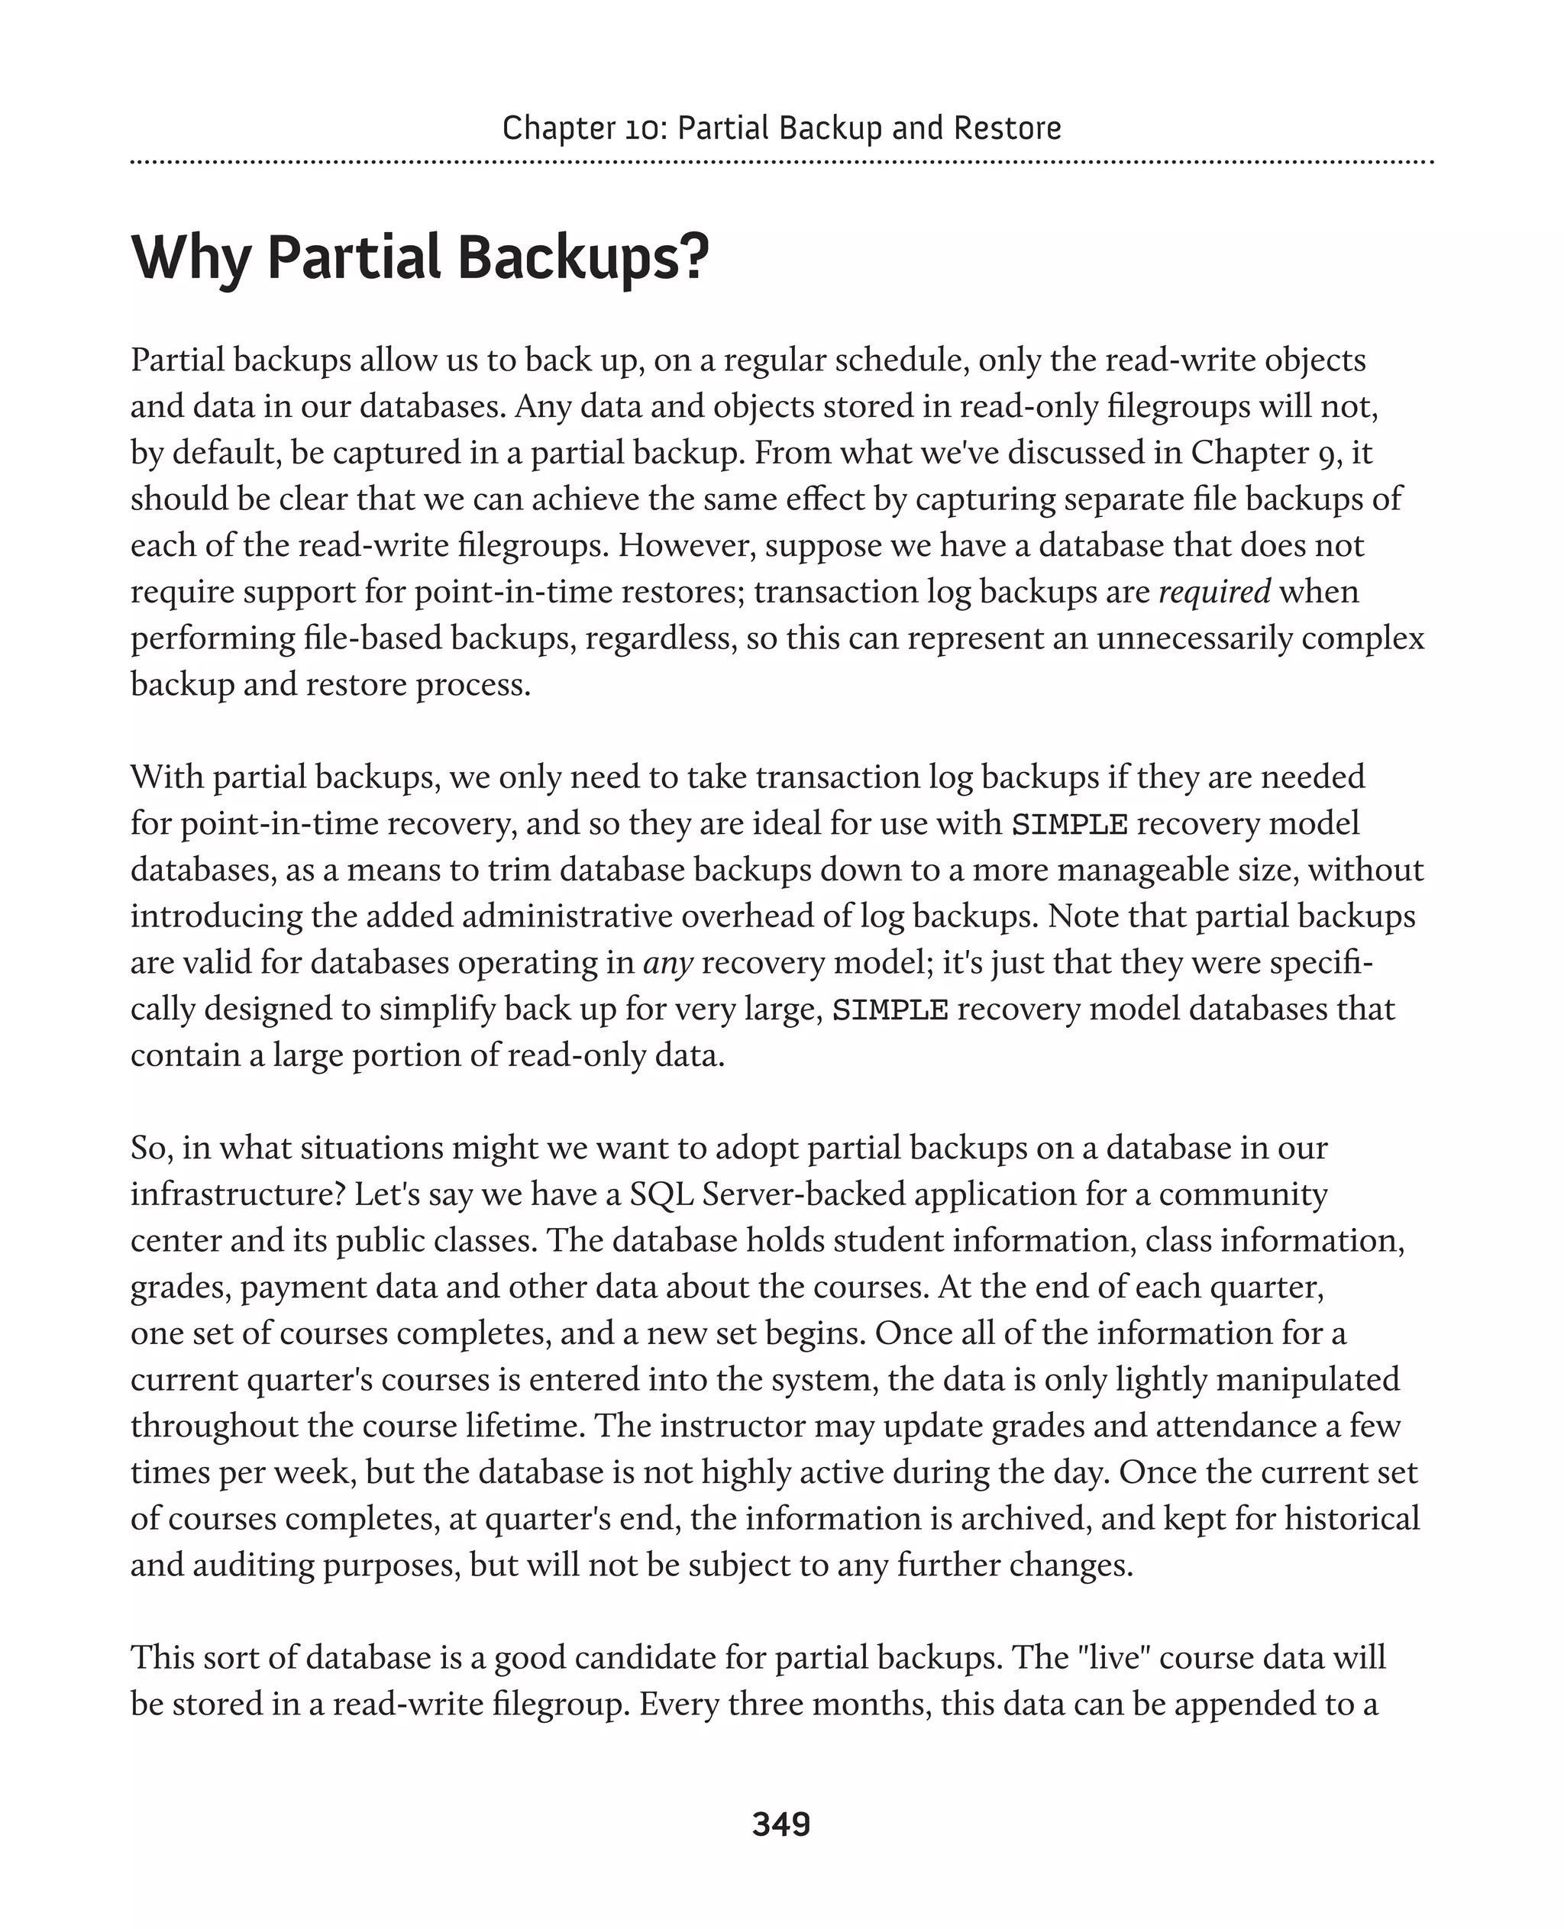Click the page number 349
pyautogui.click(x=781, y=1824)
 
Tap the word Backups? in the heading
pyautogui.click(x=583, y=259)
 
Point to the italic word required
pyautogui.click(x=1213, y=592)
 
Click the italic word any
pyautogui.click(x=667, y=963)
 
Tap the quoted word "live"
pyautogui.click(x=1113, y=1658)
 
